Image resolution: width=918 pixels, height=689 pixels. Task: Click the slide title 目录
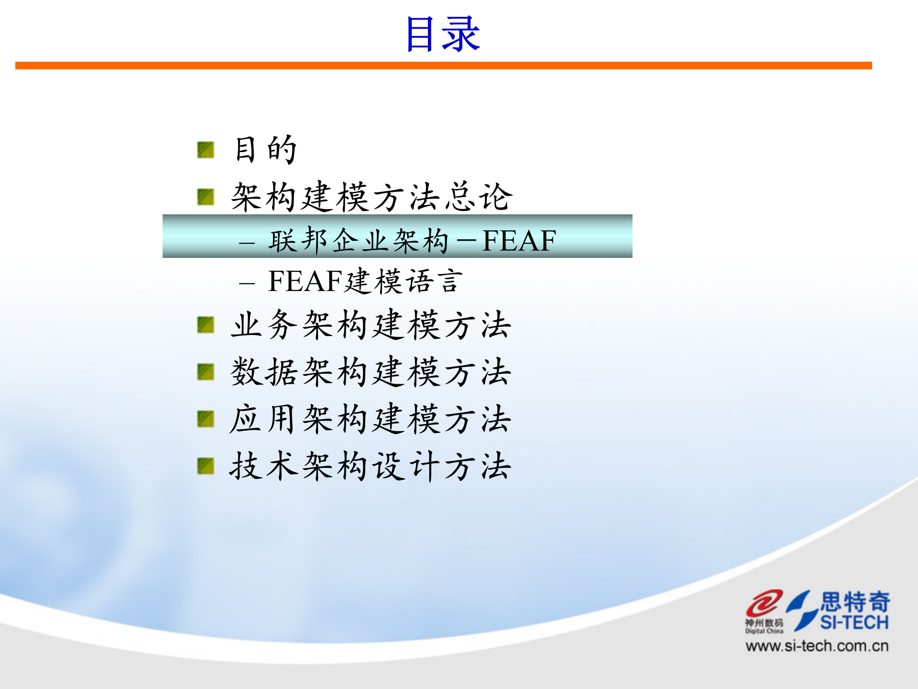[443, 34]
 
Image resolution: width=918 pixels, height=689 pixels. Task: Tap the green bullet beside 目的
[206, 150]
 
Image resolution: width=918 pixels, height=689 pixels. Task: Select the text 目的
[266, 150]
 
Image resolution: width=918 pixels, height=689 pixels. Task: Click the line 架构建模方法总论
[372, 197]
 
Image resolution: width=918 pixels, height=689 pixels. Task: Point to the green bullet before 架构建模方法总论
[206, 197]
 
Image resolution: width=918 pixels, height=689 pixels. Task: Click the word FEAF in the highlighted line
[519, 240]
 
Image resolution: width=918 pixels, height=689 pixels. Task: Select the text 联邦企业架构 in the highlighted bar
[359, 240]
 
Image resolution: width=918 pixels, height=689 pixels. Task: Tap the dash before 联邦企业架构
[247, 243]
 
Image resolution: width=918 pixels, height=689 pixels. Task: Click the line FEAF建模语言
[366, 281]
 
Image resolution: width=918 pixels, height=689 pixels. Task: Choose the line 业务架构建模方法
[371, 325]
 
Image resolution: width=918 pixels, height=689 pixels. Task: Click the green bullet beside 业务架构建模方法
[206, 325]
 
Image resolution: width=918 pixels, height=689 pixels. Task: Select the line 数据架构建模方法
[371, 372]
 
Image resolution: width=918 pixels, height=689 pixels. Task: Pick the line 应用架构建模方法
[371, 419]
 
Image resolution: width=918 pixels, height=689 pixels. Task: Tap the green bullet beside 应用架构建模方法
[206, 419]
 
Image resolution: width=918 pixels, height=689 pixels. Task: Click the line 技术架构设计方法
[371, 466]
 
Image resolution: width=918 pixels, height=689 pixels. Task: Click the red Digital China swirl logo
[764, 604]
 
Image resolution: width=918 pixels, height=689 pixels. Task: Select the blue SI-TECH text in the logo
[854, 622]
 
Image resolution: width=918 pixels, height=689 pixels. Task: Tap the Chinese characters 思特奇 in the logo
[855, 601]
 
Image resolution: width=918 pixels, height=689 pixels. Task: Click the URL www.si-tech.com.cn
[817, 646]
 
